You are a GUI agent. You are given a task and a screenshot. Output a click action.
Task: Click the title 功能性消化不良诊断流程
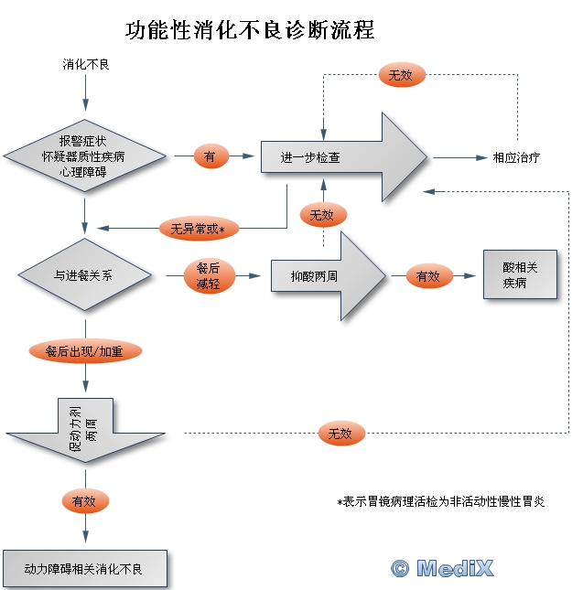tap(250, 29)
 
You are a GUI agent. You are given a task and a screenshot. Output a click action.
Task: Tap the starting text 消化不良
tap(85, 65)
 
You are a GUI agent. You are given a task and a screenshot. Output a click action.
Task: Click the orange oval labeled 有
tap(211, 157)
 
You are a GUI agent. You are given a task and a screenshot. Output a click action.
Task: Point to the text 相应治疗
tap(516, 157)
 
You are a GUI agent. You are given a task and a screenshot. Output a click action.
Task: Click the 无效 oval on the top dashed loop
tap(401, 75)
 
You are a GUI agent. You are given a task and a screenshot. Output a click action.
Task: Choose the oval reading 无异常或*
tap(199, 228)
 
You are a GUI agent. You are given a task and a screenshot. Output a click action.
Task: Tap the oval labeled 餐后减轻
tap(210, 275)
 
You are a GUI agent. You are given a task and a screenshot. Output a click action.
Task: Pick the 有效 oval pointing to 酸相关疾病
tap(429, 275)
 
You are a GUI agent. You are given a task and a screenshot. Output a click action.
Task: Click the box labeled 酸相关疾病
tap(520, 275)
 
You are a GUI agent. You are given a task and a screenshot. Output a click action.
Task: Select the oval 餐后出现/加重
tap(86, 350)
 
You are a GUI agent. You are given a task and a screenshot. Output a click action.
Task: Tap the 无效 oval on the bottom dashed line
tap(340, 434)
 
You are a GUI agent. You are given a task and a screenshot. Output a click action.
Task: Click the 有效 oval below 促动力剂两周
tap(85, 500)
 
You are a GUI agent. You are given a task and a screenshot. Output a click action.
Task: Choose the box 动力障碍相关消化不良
tap(84, 569)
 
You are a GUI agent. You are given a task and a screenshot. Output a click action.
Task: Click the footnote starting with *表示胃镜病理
tap(441, 501)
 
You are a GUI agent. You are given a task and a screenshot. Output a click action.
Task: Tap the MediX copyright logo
tap(442, 568)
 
